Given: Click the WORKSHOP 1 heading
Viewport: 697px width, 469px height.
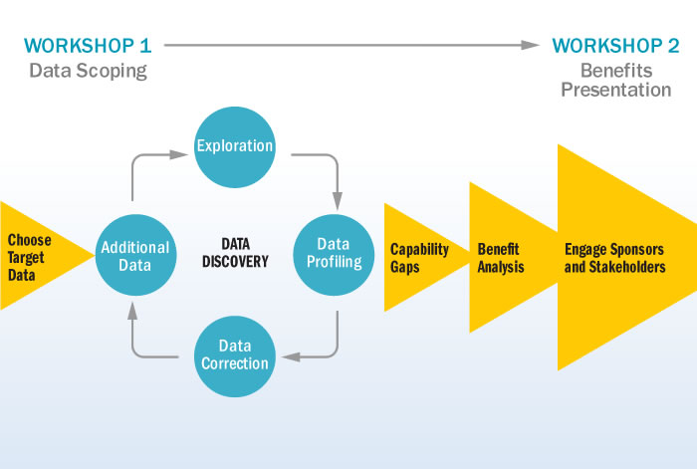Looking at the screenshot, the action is point(88,46).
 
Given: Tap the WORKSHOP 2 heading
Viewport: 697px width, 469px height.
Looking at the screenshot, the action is point(615,46).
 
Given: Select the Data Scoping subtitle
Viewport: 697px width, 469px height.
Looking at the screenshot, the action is point(88,71).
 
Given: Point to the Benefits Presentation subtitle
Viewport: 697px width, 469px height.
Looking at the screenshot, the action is point(616,80).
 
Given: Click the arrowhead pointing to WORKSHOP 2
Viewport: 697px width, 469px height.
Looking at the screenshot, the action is point(531,45).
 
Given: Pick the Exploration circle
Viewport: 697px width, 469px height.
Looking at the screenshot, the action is point(235,146).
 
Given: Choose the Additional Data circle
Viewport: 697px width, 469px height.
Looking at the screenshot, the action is point(135,255).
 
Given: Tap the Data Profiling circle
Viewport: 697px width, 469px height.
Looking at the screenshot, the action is point(334,255).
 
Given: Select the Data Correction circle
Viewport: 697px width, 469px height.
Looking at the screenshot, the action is point(235,356).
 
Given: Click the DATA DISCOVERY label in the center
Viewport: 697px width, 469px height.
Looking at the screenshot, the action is point(236,253).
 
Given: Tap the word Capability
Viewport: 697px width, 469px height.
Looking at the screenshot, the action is point(419,250).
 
